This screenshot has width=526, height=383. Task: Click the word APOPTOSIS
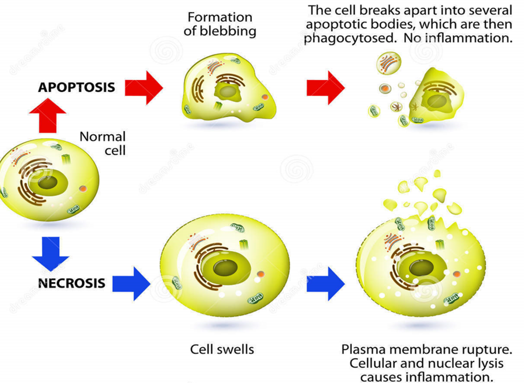click(x=76, y=87)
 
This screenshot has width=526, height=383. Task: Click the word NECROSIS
click(x=71, y=282)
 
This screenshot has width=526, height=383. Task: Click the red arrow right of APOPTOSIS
click(x=144, y=87)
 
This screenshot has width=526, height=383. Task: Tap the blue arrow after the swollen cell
click(x=325, y=283)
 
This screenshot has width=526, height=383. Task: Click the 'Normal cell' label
click(x=102, y=143)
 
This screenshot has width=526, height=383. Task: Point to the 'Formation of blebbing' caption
click(x=220, y=24)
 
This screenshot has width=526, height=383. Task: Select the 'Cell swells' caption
click(x=222, y=349)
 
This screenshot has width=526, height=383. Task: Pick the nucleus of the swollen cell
click(x=224, y=267)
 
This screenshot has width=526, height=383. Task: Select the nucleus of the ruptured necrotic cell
click(x=419, y=268)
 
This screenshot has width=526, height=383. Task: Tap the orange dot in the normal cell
click(x=83, y=189)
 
